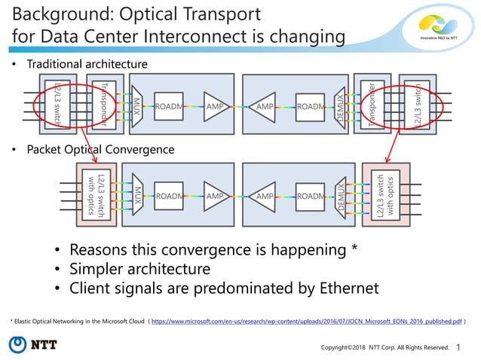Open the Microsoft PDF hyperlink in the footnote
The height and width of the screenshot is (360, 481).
point(306,321)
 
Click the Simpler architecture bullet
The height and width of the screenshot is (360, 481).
point(140,269)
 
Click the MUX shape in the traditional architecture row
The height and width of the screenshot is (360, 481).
point(137,107)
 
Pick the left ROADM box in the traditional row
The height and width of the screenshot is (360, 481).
point(169,107)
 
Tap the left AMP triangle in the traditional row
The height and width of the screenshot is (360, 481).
point(216,107)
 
